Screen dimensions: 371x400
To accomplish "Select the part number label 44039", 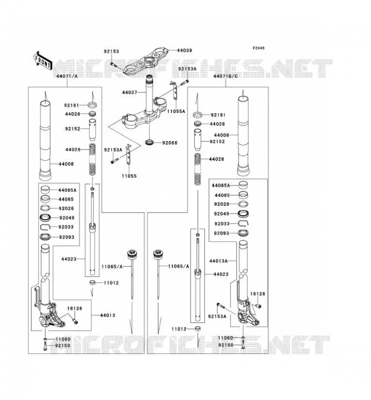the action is [x=184, y=50].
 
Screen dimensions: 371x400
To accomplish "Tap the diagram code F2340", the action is [x=258, y=48].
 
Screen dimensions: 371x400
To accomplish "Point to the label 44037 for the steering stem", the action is [x=129, y=92].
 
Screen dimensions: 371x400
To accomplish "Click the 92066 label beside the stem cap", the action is [x=169, y=142].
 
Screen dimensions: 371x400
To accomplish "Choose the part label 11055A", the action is [x=176, y=111].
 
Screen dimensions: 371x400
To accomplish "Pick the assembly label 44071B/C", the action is [x=225, y=76].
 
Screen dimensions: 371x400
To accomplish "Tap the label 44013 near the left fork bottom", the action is [x=107, y=315].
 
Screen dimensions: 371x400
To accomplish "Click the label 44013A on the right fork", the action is [x=218, y=261].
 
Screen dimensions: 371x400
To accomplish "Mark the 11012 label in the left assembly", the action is [x=111, y=282].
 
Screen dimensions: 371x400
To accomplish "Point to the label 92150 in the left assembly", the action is [x=63, y=345].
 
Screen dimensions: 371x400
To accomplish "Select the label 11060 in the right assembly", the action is [x=225, y=338].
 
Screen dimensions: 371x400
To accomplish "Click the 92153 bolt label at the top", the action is [x=111, y=51].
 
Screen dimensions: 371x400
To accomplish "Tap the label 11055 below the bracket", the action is [x=129, y=176].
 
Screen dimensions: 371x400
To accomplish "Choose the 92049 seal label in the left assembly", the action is [x=67, y=218].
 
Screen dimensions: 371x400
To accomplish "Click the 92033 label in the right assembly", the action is [x=222, y=223].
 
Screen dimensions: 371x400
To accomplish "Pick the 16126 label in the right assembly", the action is [x=257, y=294].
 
